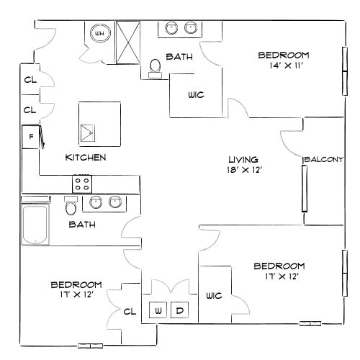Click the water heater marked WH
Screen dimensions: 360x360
[99, 33]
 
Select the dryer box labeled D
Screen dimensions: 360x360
[180, 311]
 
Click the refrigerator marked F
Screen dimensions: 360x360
[31, 135]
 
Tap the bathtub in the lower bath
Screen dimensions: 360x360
[35, 224]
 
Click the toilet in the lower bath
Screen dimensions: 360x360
[71, 207]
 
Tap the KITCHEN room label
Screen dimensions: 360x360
[86, 157]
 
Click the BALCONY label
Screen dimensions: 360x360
[325, 159]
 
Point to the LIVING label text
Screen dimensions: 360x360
[243, 160]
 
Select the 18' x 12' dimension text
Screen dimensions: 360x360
[243, 171]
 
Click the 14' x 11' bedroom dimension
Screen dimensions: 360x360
[284, 66]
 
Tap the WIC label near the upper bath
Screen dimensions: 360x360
[194, 94]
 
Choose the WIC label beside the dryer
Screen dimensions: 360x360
[213, 295]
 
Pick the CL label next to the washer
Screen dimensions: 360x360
[130, 312]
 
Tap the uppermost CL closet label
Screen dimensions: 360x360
[30, 80]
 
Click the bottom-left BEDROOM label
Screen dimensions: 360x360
[76, 284]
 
